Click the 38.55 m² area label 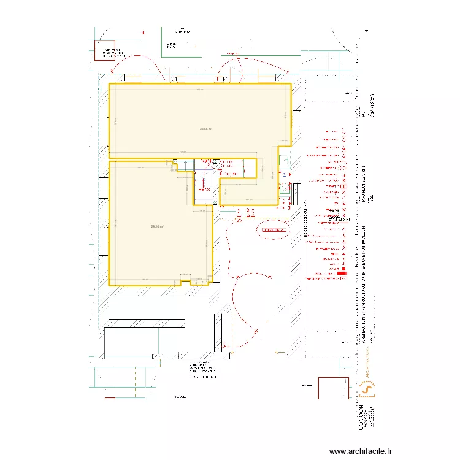[205, 129]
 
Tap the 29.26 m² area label [158, 226]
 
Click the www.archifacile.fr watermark [361, 451]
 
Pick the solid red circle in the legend [344, 269]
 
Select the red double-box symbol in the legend [344, 186]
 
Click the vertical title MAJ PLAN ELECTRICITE [363, 184]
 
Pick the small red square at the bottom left [110, 399]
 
